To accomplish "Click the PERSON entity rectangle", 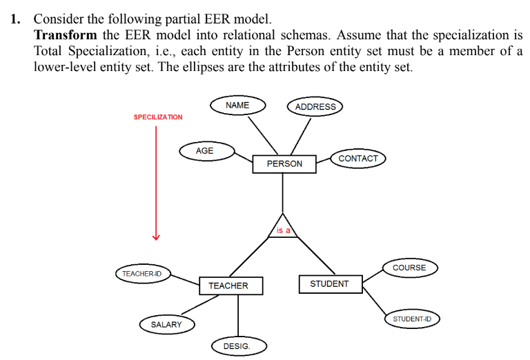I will pyautogui.click(x=284, y=163).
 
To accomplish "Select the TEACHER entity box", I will pyautogui.click(x=228, y=286).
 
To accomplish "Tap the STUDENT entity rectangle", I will pyautogui.click(x=330, y=283).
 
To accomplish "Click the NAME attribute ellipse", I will pyautogui.click(x=237, y=105).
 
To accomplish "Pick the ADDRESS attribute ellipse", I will pyautogui.click(x=315, y=107).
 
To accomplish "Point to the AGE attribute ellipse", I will pyautogui.click(x=205, y=150).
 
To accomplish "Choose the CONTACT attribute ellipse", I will pyautogui.click(x=358, y=159).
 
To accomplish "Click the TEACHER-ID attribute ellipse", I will pyautogui.click(x=142, y=274).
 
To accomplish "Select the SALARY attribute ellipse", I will pyautogui.click(x=166, y=324).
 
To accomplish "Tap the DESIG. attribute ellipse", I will pyautogui.click(x=237, y=346).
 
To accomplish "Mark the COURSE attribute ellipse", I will pyautogui.click(x=409, y=268).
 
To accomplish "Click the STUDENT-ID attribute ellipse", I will pyautogui.click(x=411, y=319).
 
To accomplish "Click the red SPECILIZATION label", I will pyautogui.click(x=158, y=117).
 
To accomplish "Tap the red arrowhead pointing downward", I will pyautogui.click(x=157, y=237).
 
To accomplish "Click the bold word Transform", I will pyautogui.click(x=66, y=34).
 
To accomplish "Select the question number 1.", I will pyautogui.click(x=14, y=19).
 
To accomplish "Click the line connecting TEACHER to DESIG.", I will pyautogui.click(x=238, y=317).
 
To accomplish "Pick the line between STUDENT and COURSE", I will pyautogui.click(x=373, y=275).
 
